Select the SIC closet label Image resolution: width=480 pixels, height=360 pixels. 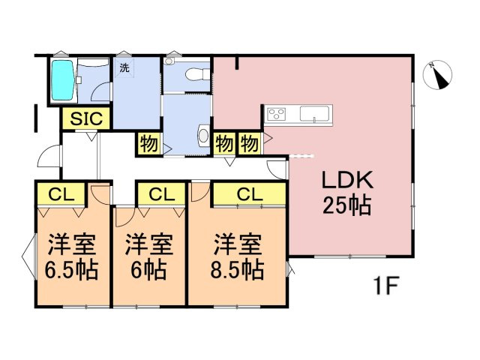coord(87,118)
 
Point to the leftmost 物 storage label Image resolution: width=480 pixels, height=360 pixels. coord(148,143)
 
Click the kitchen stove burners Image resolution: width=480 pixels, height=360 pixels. coord(276,115)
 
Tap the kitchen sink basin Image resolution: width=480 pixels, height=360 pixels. coord(313,115)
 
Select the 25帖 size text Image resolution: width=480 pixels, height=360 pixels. coord(346,205)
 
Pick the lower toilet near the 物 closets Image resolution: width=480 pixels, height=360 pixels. coord(202,136)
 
